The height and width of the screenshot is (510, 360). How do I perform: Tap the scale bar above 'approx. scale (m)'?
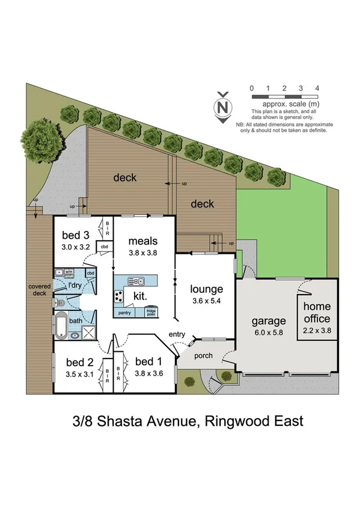284,96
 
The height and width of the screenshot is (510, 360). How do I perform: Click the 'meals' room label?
142,242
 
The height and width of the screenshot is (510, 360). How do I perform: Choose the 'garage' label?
268,321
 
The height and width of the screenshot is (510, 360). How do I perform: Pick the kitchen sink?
136,280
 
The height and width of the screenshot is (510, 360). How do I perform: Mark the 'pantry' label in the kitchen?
125,313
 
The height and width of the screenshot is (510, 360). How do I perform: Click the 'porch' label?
204,355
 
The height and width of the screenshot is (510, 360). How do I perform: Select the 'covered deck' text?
38,290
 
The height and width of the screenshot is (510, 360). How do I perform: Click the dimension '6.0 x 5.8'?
268,331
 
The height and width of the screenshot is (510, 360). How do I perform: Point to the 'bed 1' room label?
148,361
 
